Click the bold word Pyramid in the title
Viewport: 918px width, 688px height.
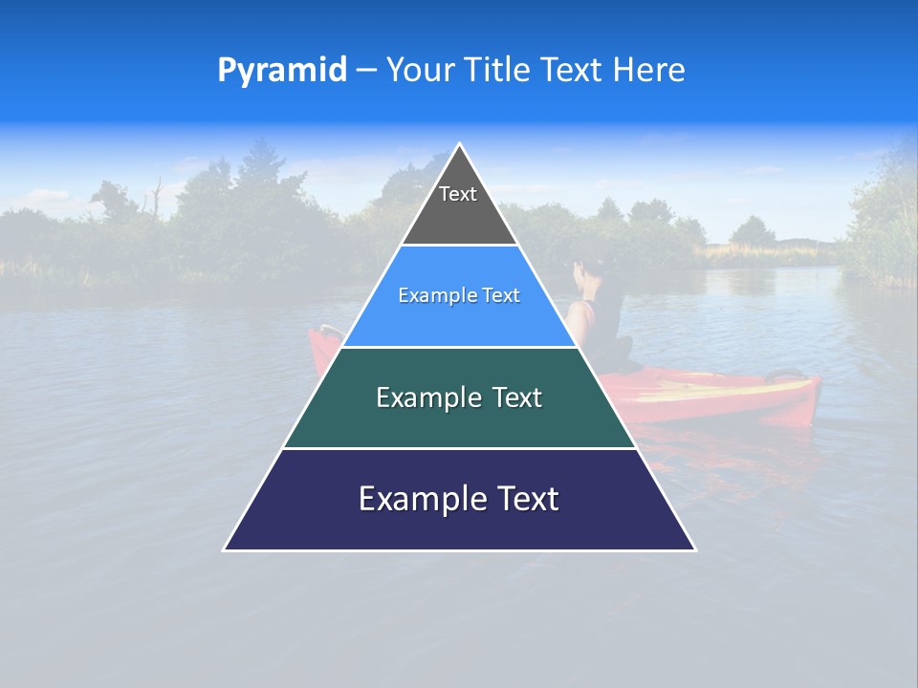point(281,71)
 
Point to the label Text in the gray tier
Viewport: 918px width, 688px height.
point(458,194)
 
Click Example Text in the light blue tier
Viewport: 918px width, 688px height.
point(459,295)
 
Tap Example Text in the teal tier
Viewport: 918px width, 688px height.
point(459,398)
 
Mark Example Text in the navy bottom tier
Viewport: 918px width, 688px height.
point(459,499)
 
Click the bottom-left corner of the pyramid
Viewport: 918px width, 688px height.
point(226,548)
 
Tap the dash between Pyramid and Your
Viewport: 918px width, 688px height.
point(366,71)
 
